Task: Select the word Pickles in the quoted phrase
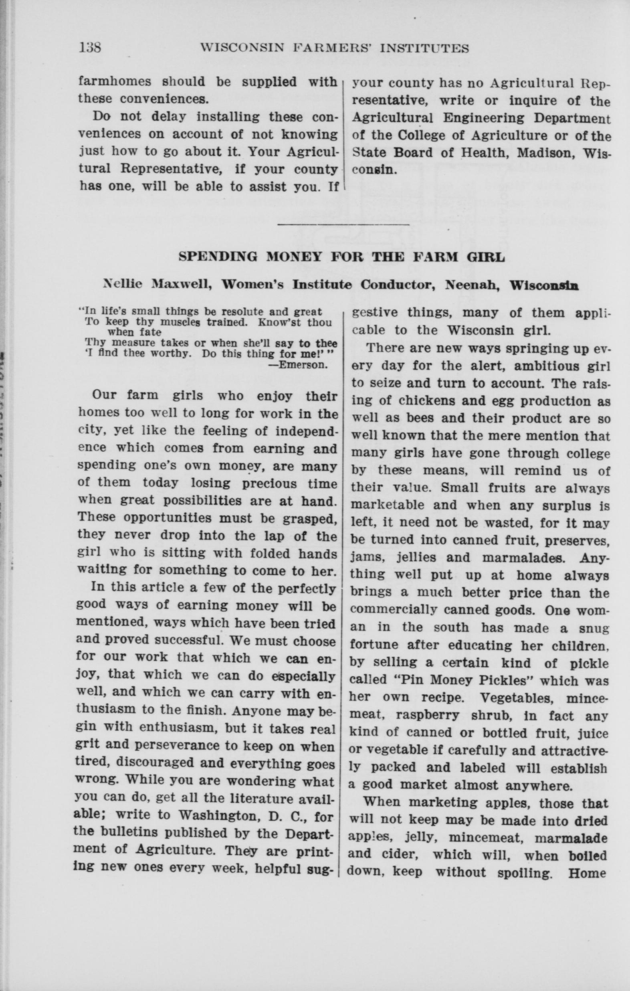coord(503,680)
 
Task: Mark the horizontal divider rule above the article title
coord(343,224)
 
